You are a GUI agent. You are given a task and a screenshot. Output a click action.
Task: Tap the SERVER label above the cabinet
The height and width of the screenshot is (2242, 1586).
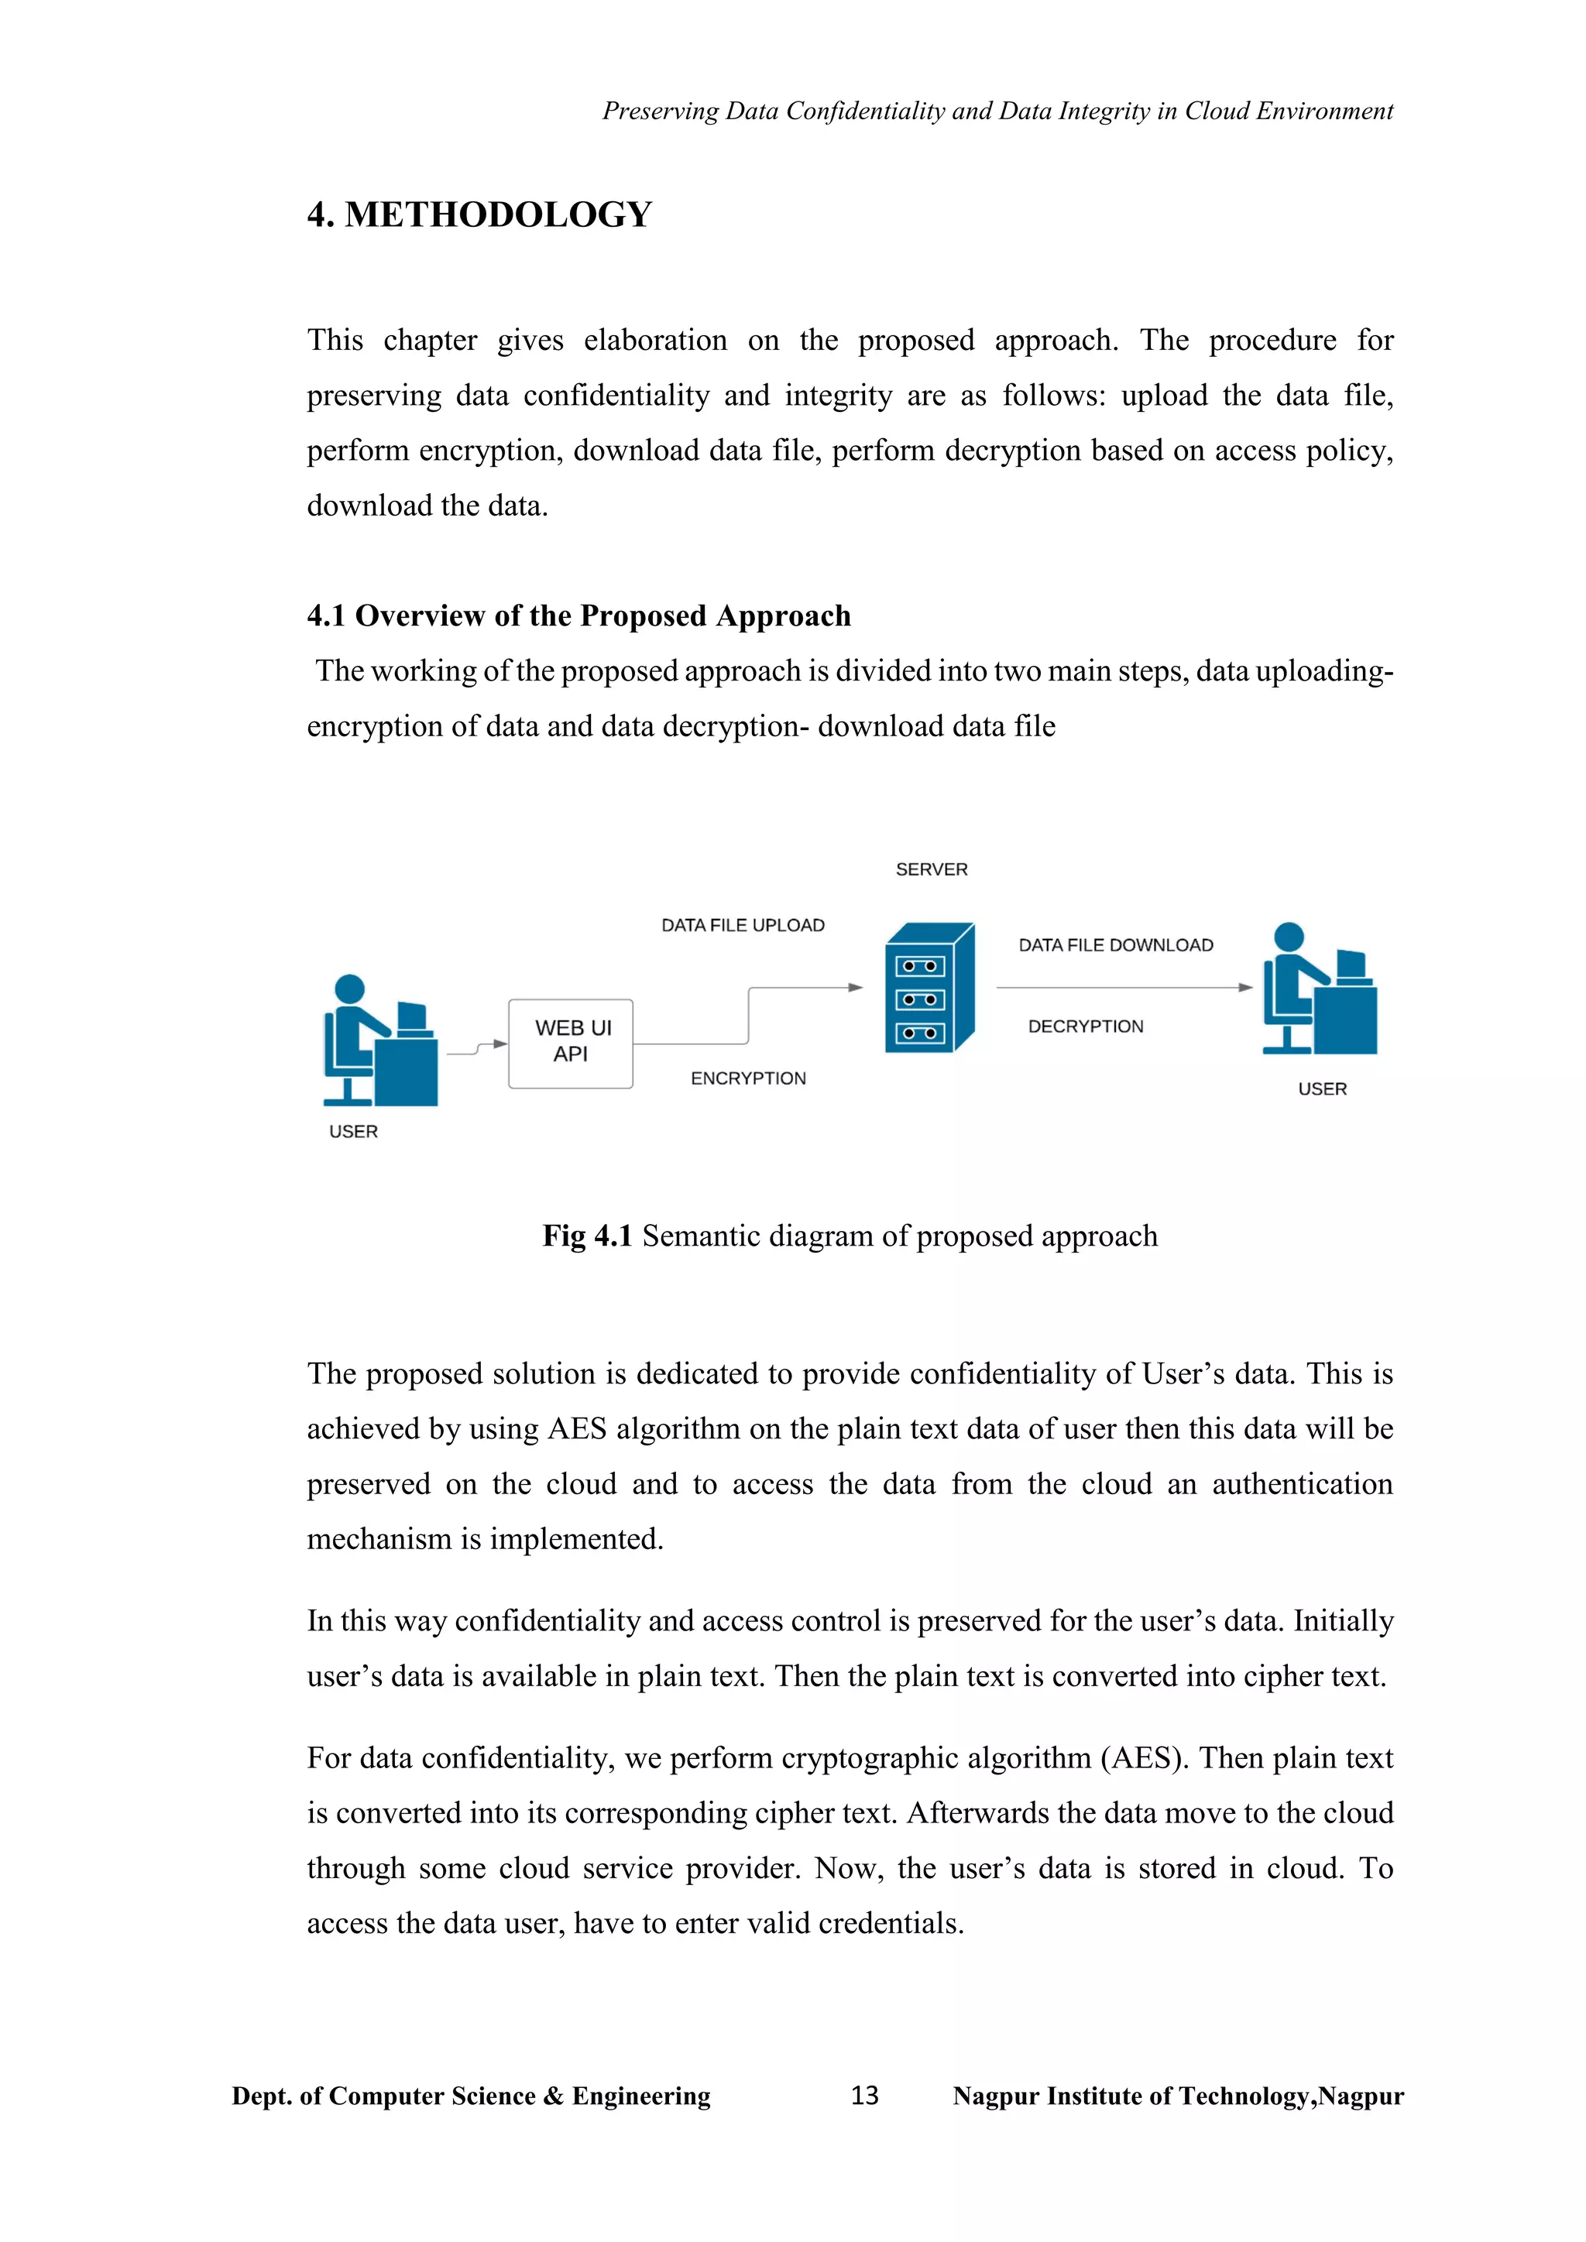tap(931, 869)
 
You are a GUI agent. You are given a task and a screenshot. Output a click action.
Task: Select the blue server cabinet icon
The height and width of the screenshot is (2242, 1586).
tap(929, 987)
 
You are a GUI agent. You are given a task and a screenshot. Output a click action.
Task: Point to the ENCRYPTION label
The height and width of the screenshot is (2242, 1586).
tap(748, 1078)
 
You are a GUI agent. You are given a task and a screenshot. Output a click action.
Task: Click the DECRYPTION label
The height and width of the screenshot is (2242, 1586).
tap(1085, 1027)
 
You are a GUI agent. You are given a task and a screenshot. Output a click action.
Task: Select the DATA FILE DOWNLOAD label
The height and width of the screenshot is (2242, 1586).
tap(1115, 945)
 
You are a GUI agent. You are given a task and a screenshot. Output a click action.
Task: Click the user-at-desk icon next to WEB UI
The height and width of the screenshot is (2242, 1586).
tap(380, 1041)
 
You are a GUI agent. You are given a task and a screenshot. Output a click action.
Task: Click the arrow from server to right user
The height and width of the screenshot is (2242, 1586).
tap(1123, 987)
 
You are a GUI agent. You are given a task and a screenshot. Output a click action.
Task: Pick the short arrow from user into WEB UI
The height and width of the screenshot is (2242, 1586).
tap(476, 1047)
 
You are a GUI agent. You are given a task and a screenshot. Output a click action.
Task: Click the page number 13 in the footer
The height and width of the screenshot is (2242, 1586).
tap(864, 2096)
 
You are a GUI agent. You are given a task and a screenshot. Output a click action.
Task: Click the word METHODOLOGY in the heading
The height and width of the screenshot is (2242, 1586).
tap(498, 214)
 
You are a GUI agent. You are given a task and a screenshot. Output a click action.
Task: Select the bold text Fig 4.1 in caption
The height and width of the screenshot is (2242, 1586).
tap(587, 1236)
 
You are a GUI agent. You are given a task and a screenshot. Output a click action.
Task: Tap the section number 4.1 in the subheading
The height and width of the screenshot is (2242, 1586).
tap(326, 616)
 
